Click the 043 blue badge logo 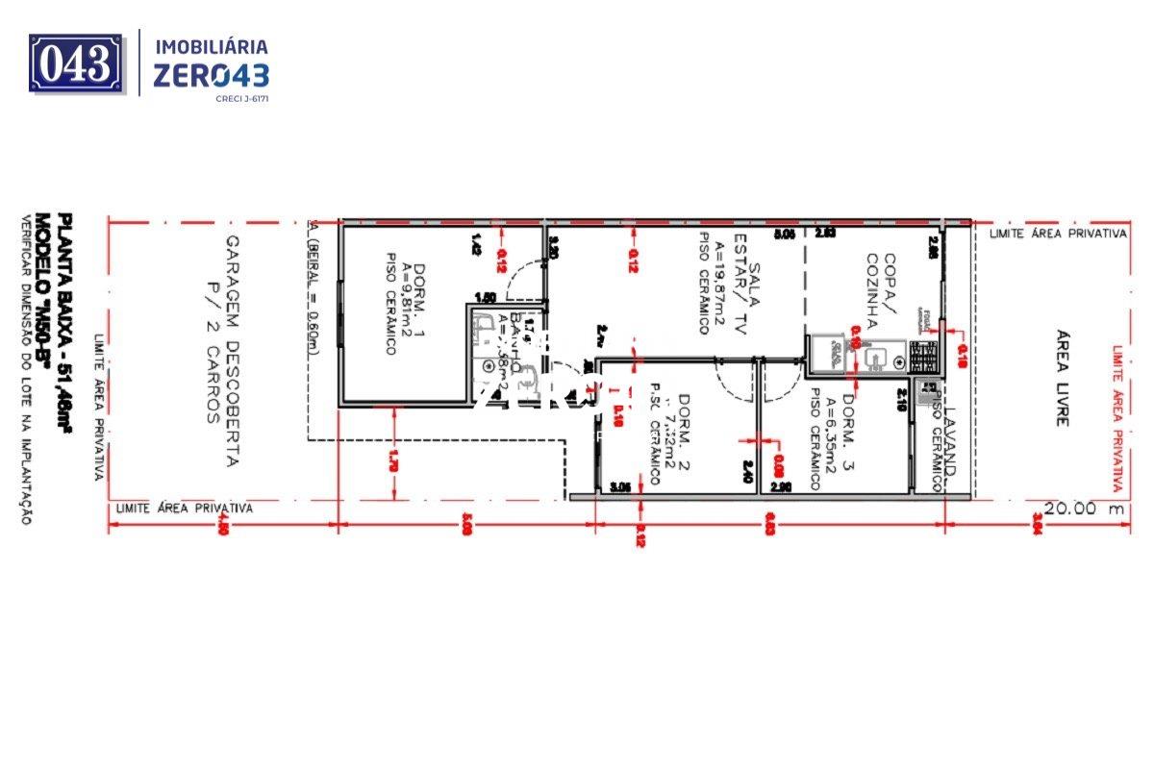pos(77,63)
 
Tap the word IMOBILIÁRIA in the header pos(212,46)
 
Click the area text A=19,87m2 pos(716,285)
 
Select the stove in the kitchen pos(925,358)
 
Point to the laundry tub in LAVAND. pos(928,391)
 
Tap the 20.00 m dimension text pos(1084,509)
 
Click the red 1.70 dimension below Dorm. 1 pos(392,460)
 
